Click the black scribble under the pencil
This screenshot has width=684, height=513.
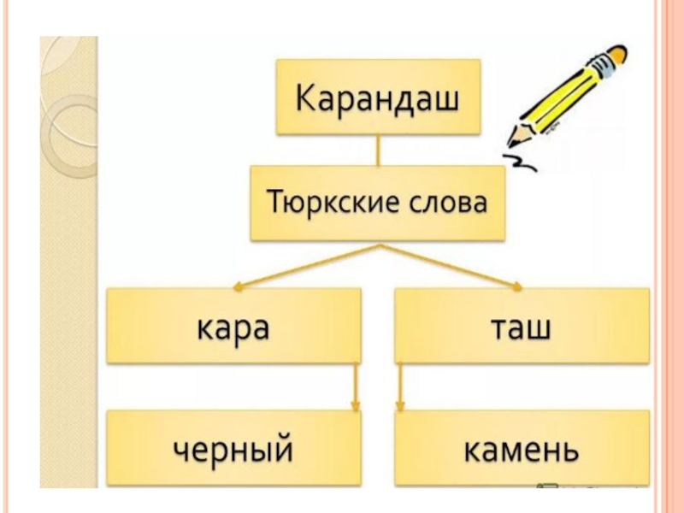tap(521, 162)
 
